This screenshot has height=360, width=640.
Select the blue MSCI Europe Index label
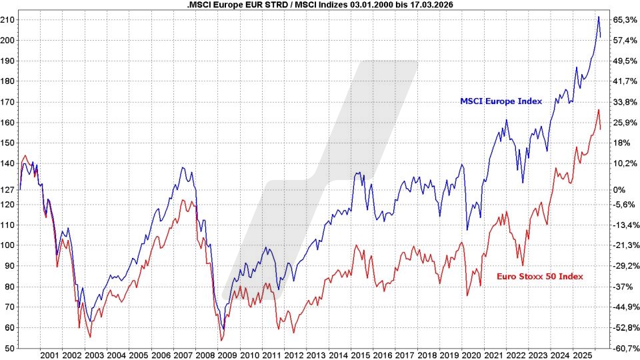[501, 101]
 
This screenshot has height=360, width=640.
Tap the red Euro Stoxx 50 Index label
[540, 276]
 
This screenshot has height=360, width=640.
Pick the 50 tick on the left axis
[11, 348]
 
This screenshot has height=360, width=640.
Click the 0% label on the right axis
[620, 190]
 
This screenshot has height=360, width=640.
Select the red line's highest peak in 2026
[598, 110]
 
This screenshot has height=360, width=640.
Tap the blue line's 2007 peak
[183, 167]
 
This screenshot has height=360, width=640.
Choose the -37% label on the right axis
[623, 287]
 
